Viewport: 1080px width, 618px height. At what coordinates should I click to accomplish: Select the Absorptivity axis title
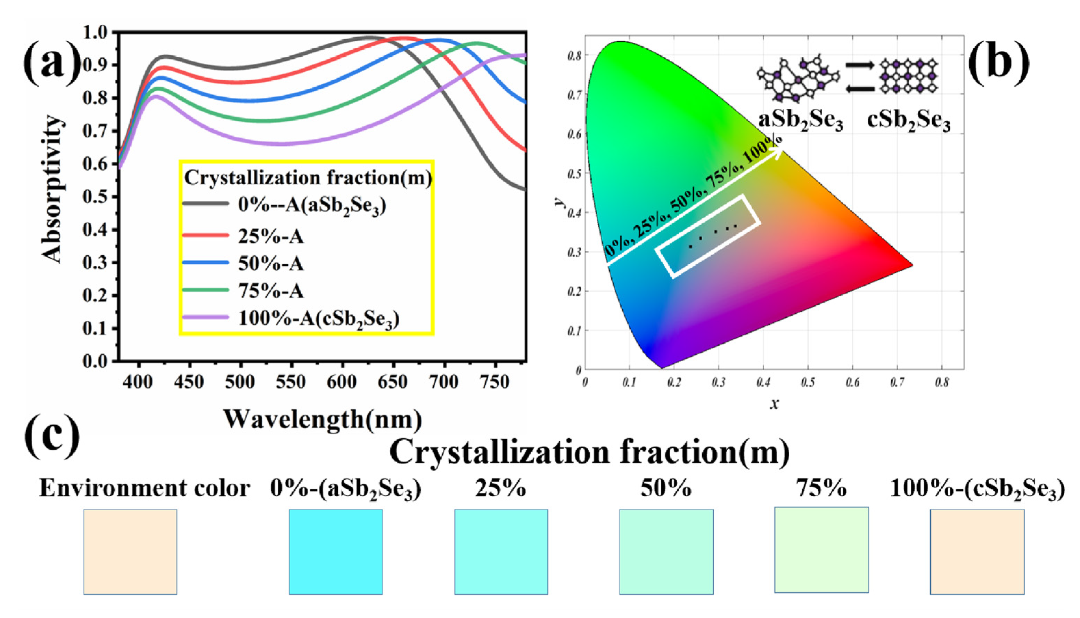pyautogui.click(x=52, y=189)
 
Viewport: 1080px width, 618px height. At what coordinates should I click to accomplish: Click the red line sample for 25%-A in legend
pyautogui.click(x=206, y=235)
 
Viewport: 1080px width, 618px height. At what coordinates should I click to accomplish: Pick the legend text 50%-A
pyautogui.click(x=271, y=264)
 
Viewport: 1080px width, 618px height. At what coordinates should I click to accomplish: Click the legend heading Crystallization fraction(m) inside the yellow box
pyautogui.click(x=308, y=178)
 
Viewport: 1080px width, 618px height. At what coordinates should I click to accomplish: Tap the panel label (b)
pyautogui.click(x=999, y=64)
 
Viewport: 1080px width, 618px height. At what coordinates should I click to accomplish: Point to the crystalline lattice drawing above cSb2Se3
pyautogui.click(x=908, y=77)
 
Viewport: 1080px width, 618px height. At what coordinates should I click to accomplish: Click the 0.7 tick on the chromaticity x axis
pyautogui.click(x=897, y=383)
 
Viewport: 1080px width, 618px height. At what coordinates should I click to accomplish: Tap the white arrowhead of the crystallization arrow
pyautogui.click(x=778, y=154)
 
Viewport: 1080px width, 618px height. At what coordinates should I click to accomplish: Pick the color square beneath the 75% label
pyautogui.click(x=821, y=550)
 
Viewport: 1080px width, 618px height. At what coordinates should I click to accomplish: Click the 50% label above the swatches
pyautogui.click(x=666, y=488)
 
